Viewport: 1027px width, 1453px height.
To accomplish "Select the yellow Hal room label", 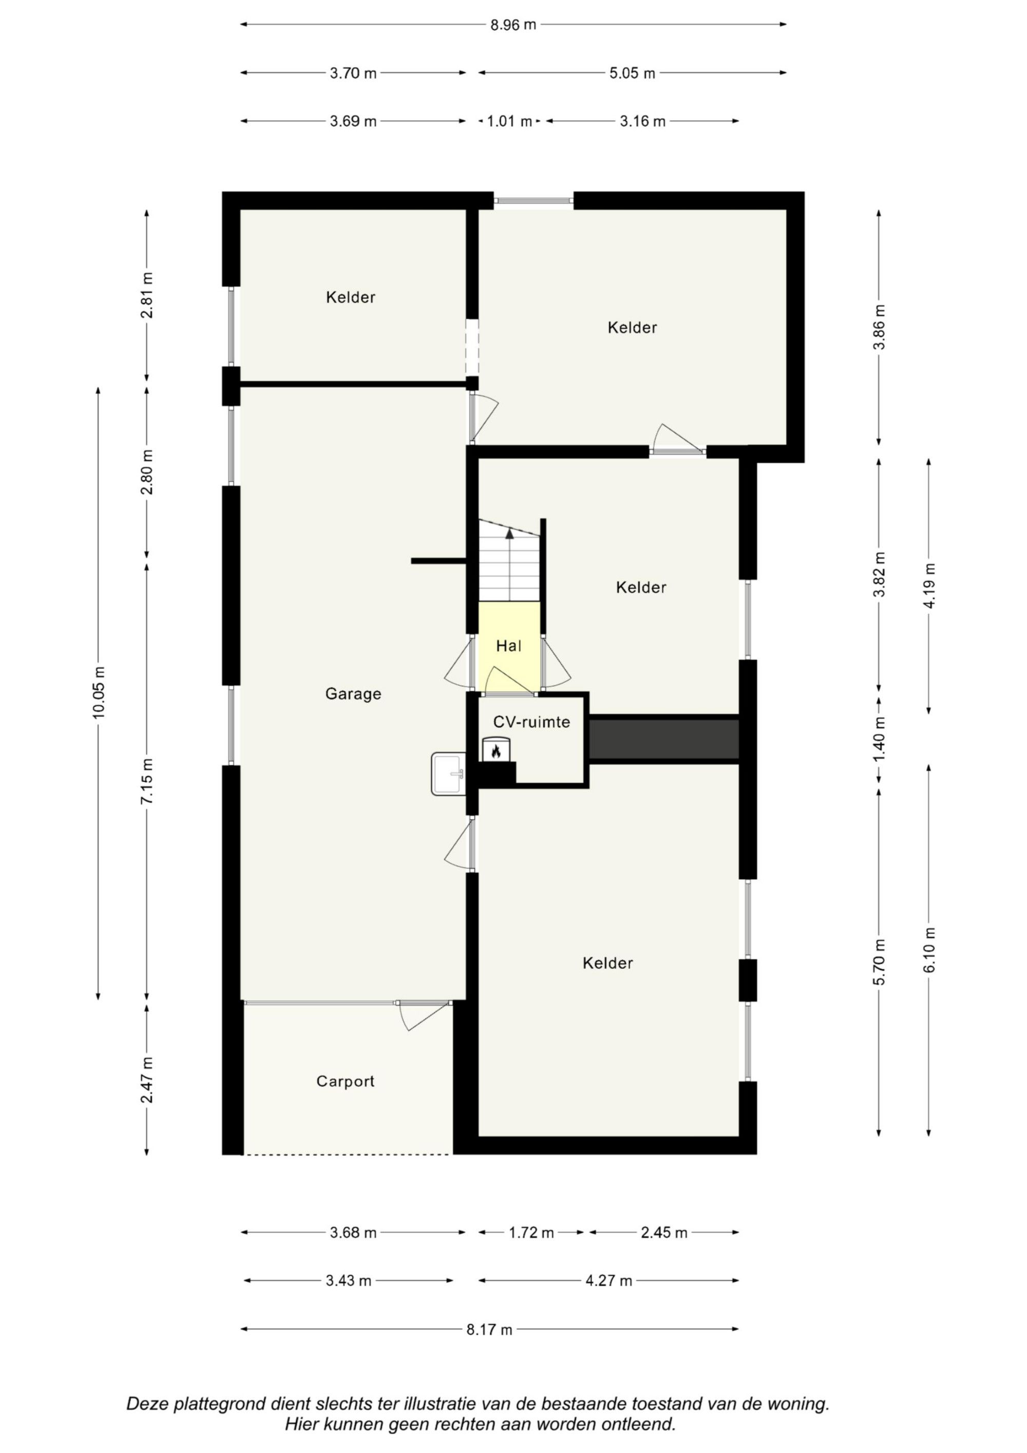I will click(x=508, y=646).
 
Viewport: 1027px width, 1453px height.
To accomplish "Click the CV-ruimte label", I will click(x=531, y=722).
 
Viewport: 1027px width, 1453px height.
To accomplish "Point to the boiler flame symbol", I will click(x=496, y=751).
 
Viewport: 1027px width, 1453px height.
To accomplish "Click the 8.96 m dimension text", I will click(x=512, y=25).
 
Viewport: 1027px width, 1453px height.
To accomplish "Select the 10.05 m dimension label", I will click(x=99, y=692).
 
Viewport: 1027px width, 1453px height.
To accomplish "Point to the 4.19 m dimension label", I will click(x=929, y=586).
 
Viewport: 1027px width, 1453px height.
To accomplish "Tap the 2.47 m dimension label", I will click(x=147, y=1080).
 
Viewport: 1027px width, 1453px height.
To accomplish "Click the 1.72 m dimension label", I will click(x=531, y=1233).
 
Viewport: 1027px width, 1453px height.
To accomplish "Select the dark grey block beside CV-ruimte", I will click(x=664, y=739).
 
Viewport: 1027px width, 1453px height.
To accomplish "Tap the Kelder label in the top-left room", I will click(x=351, y=297).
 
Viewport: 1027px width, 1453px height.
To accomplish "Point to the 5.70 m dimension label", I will click(x=879, y=962).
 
